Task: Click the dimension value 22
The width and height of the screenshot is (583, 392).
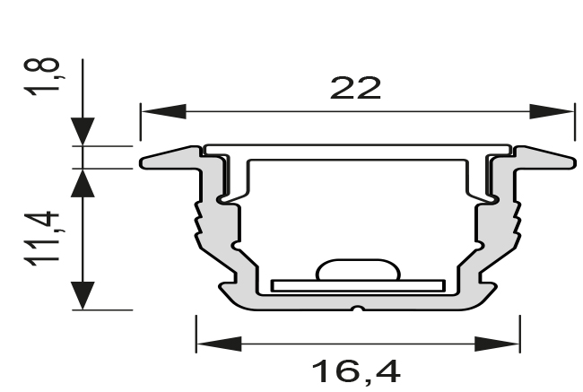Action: [356, 88]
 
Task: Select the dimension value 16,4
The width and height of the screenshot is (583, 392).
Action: [357, 370]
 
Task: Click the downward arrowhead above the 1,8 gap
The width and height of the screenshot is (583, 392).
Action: [83, 131]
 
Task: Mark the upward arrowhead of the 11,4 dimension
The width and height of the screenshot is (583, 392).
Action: [83, 184]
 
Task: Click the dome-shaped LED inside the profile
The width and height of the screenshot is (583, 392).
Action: [356, 270]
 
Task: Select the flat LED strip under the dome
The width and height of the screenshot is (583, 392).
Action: [357, 285]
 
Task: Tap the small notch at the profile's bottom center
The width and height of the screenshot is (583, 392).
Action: [357, 311]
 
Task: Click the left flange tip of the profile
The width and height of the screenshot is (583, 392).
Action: [146, 163]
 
